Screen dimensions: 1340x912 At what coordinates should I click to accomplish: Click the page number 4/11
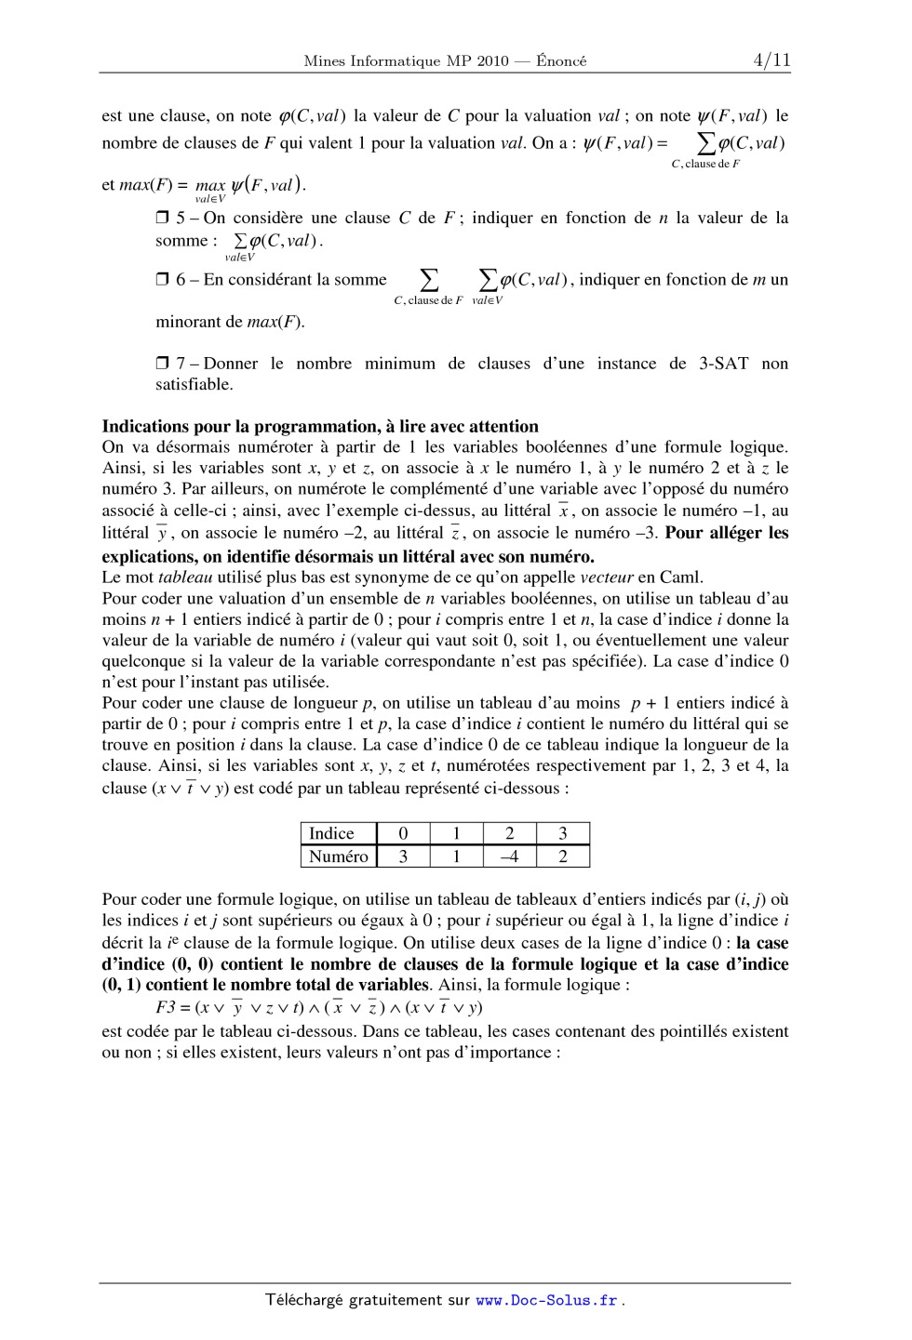(771, 60)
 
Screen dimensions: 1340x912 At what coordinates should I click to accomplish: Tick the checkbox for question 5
(162, 219)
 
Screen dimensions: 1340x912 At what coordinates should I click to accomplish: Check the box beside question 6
(162, 280)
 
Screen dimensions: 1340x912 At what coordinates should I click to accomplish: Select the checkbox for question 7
(162, 364)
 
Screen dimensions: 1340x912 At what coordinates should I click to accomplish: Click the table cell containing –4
(509, 856)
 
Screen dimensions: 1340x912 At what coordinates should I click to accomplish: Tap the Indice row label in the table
(331, 834)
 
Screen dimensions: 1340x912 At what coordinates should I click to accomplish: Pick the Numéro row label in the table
(338, 856)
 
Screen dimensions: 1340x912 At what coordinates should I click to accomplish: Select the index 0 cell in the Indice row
(403, 834)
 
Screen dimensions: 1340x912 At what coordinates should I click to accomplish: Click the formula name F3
(166, 1007)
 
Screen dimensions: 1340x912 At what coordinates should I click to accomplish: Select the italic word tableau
(187, 577)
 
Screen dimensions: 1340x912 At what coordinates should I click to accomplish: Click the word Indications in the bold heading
(146, 427)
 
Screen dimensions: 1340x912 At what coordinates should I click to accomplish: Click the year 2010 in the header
(493, 61)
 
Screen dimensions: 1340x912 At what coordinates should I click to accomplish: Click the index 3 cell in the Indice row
(562, 834)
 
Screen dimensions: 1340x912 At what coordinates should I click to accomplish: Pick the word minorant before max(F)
(188, 323)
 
